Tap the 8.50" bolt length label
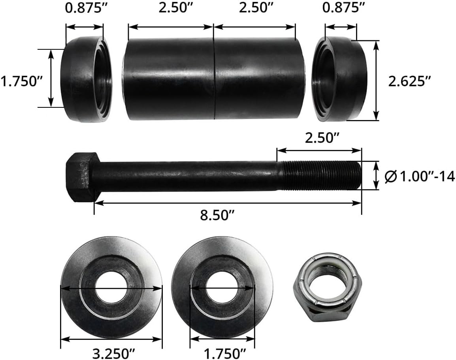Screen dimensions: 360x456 pyautogui.click(x=217, y=216)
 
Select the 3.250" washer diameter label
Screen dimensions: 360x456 pyautogui.click(x=112, y=351)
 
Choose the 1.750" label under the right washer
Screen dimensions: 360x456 pyautogui.click(x=222, y=351)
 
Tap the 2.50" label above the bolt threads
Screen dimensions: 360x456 pyautogui.click(x=322, y=138)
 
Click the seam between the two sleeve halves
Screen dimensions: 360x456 pyautogui.click(x=214, y=79)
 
